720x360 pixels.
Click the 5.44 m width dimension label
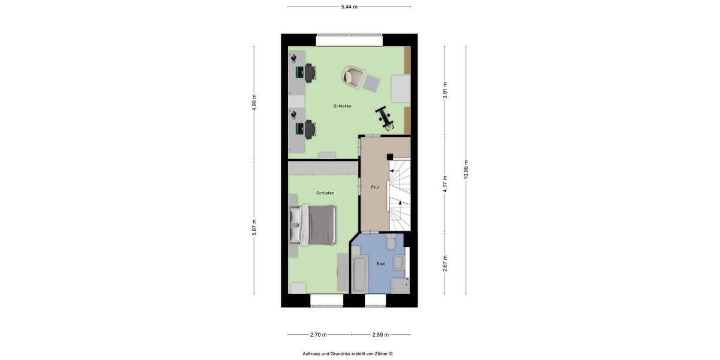tap(349, 7)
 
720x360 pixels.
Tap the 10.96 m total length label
tap(466, 169)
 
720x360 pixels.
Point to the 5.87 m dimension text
tap(254, 227)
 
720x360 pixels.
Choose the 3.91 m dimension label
tap(445, 90)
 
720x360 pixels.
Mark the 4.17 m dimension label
tap(445, 184)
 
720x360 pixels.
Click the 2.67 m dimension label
tap(445, 263)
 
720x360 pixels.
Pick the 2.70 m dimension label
tap(318, 335)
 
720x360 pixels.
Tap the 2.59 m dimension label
tap(380, 335)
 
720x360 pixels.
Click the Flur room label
tap(375, 187)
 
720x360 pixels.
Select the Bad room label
tap(380, 263)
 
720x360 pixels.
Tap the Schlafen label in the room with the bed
tap(325, 193)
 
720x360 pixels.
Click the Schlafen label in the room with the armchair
tap(342, 106)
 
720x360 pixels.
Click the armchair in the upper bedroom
tap(353, 76)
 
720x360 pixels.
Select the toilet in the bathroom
tap(391, 242)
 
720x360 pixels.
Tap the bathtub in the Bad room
tap(359, 274)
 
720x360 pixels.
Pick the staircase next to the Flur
tap(400, 195)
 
